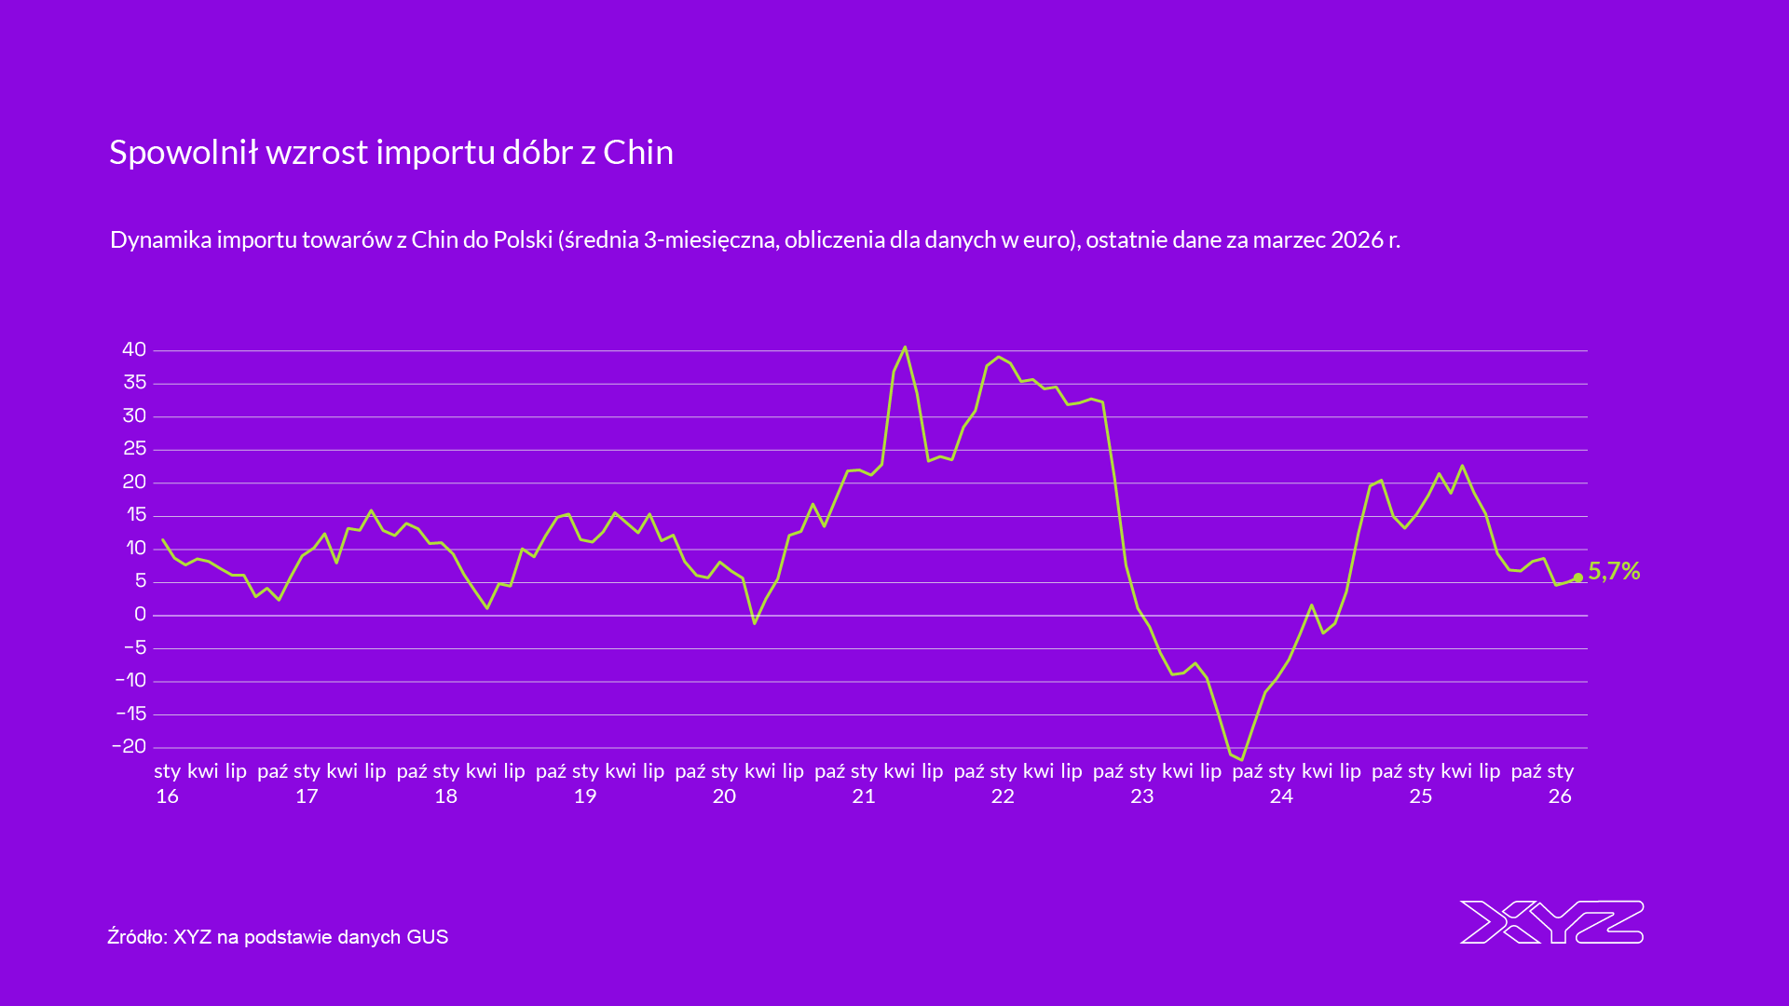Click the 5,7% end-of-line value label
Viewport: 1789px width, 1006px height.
1614,571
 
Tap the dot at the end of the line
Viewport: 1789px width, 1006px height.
1577,578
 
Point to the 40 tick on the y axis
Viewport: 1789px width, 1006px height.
134,349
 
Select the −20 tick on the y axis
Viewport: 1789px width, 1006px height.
130,746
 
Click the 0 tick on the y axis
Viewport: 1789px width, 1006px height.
141,614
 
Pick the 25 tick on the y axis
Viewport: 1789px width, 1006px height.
134,448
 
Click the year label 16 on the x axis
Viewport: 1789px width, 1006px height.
168,796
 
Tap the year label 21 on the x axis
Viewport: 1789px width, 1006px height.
864,796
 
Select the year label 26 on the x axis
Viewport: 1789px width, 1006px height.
1560,796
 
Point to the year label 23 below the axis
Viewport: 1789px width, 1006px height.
1142,796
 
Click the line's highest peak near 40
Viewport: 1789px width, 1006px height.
905,347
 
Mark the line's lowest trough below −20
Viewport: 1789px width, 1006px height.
1241,759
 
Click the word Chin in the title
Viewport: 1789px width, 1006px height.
638,152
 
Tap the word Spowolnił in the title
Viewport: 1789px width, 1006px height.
184,152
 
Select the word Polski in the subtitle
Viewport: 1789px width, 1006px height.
523,239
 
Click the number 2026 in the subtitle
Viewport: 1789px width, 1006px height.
1357,239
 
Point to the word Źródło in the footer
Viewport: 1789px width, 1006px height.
135,936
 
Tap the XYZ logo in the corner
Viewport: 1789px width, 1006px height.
1551,922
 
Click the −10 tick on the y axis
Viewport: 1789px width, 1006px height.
130,680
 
